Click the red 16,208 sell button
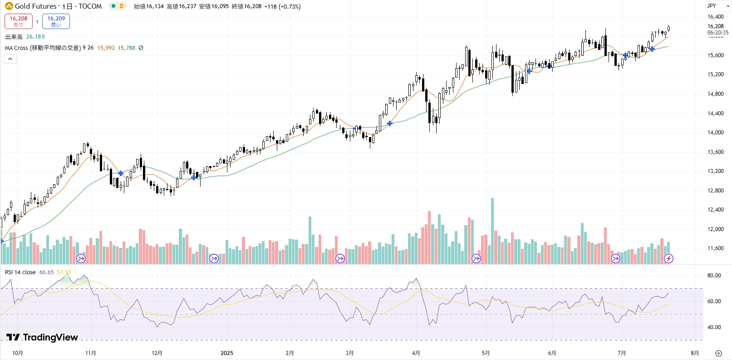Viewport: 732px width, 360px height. click(19, 21)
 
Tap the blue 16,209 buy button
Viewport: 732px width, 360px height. click(56, 21)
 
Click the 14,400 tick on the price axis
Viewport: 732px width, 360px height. click(715, 113)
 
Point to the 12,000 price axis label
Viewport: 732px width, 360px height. click(715, 229)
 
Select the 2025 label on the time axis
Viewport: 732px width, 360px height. click(226, 353)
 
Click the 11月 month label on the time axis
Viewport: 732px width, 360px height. click(91, 353)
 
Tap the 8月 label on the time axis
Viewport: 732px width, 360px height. click(694, 353)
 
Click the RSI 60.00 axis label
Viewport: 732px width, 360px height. click(714, 301)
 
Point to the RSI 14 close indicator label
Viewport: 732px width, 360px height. click(20, 272)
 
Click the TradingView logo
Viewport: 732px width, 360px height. click(42, 337)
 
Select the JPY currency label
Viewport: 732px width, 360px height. click(711, 6)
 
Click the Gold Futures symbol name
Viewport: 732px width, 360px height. click(35, 6)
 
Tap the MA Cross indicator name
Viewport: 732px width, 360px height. click(43, 48)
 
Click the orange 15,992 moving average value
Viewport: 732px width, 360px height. click(106, 48)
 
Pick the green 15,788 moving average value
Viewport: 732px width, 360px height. click(126, 48)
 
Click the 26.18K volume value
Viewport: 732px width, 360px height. click(35, 37)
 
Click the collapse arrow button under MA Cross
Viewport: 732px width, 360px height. click(10, 59)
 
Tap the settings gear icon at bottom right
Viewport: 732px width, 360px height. click(718, 353)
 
